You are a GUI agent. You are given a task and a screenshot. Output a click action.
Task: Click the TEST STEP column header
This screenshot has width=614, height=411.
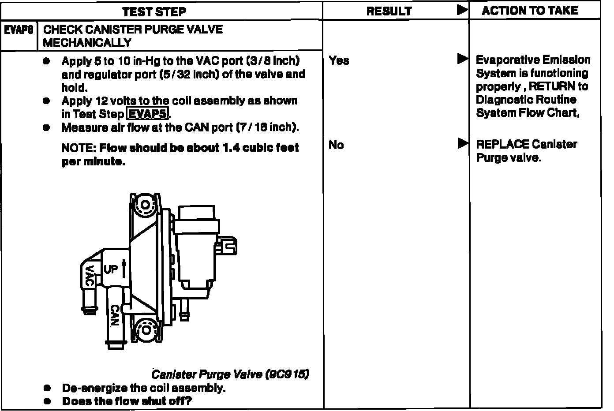pos(154,11)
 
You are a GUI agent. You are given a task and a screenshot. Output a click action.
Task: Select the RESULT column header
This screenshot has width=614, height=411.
pos(389,11)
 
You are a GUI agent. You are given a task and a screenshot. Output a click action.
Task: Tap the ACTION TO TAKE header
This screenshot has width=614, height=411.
pos(530,11)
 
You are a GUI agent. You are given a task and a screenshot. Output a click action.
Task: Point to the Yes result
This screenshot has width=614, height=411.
pos(339,61)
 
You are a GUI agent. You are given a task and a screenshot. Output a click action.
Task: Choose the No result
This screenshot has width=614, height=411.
pos(336,145)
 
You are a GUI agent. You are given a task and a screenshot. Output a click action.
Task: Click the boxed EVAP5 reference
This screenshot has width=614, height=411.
pos(148,114)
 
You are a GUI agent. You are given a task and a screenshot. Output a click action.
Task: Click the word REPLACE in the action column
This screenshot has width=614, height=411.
pos(502,145)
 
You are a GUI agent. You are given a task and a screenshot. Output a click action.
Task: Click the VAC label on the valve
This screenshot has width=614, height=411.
pos(90,276)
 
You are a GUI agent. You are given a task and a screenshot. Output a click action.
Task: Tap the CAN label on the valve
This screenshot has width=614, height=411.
pos(114,315)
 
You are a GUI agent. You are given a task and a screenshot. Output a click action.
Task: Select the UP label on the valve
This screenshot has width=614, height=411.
pos(111,269)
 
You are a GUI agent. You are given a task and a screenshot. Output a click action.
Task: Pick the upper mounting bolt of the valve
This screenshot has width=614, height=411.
pos(145,205)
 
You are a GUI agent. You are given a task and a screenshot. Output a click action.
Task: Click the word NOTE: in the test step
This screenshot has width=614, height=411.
pos(79,148)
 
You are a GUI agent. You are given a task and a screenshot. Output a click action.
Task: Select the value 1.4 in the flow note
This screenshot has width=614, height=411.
pos(232,148)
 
